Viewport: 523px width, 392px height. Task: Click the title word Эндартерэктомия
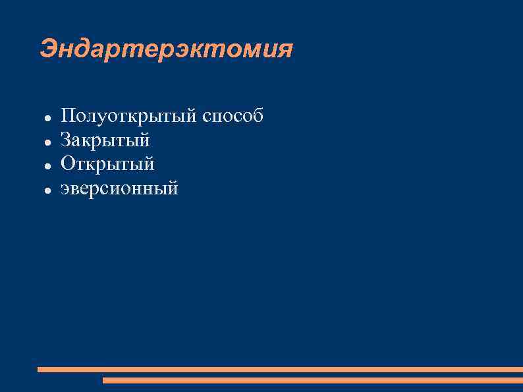pyautogui.click(x=166, y=49)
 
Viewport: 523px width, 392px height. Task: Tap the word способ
pyautogui.click(x=233, y=117)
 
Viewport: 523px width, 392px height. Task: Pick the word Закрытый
pyautogui.click(x=105, y=140)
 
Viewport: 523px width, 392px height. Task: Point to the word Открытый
pyautogui.click(x=107, y=163)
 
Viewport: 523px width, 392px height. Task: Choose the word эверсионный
pyautogui.click(x=119, y=188)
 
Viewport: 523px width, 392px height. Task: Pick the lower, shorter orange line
pyautogui.click(x=313, y=380)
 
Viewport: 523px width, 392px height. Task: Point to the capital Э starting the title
pyautogui.click(x=48, y=49)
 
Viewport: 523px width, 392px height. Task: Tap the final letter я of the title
pyautogui.click(x=285, y=50)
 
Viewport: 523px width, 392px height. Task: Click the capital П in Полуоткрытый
pyautogui.click(x=67, y=117)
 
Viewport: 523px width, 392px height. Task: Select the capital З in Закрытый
pyautogui.click(x=66, y=140)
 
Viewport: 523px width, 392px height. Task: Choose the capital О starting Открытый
pyautogui.click(x=67, y=163)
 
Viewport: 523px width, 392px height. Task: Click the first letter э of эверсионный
pyautogui.click(x=65, y=189)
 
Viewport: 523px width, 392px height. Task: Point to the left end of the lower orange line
pyautogui.click(x=105, y=380)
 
